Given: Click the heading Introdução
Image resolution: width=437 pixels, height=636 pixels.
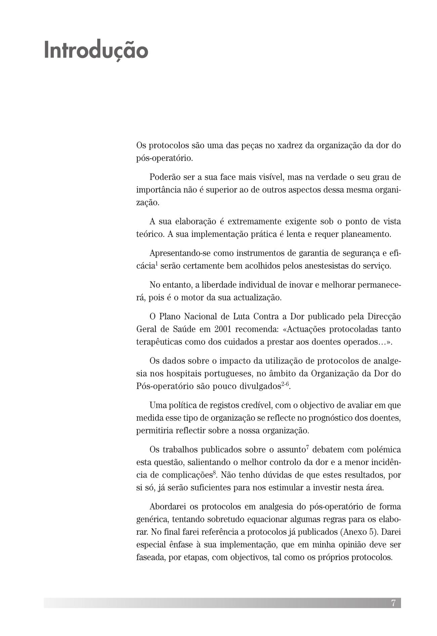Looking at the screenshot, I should point(96,50).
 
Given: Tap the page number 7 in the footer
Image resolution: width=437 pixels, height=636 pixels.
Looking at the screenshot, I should point(393,603).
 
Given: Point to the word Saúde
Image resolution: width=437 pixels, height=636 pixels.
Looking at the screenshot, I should point(182,329).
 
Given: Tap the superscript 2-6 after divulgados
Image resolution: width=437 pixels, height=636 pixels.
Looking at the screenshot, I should point(285,384).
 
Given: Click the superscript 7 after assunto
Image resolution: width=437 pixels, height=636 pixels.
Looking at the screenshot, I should point(307,448).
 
